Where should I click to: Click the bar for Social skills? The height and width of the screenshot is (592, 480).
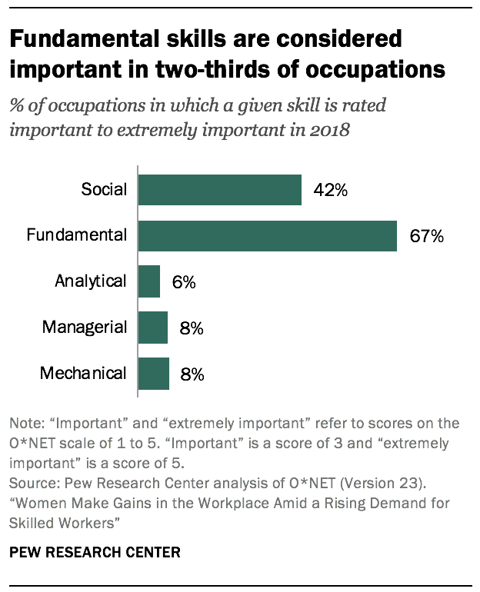coord(219,189)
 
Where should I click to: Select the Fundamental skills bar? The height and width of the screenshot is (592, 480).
coord(267,235)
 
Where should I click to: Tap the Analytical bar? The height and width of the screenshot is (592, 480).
coord(148,281)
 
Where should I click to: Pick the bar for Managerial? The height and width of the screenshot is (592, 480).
coord(152,328)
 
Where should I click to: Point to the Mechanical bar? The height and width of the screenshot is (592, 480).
coord(153,374)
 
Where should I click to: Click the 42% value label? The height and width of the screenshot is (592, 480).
coord(331,190)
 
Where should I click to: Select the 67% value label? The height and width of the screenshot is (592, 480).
coord(426,236)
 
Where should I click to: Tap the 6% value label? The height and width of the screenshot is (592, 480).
coord(184,282)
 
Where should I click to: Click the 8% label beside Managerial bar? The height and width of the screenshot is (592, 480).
coord(192,328)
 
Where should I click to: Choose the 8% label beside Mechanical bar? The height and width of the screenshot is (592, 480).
coord(192,374)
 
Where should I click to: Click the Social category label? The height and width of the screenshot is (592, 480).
coord(104,189)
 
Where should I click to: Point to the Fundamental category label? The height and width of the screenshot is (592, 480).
coord(76,235)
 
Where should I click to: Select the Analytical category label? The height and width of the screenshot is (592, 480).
coord(90,281)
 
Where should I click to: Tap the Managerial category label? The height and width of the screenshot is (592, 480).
coord(85,328)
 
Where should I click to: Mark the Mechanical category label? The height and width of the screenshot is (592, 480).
coord(83,374)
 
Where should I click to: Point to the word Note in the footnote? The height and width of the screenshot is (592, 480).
coord(25,424)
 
